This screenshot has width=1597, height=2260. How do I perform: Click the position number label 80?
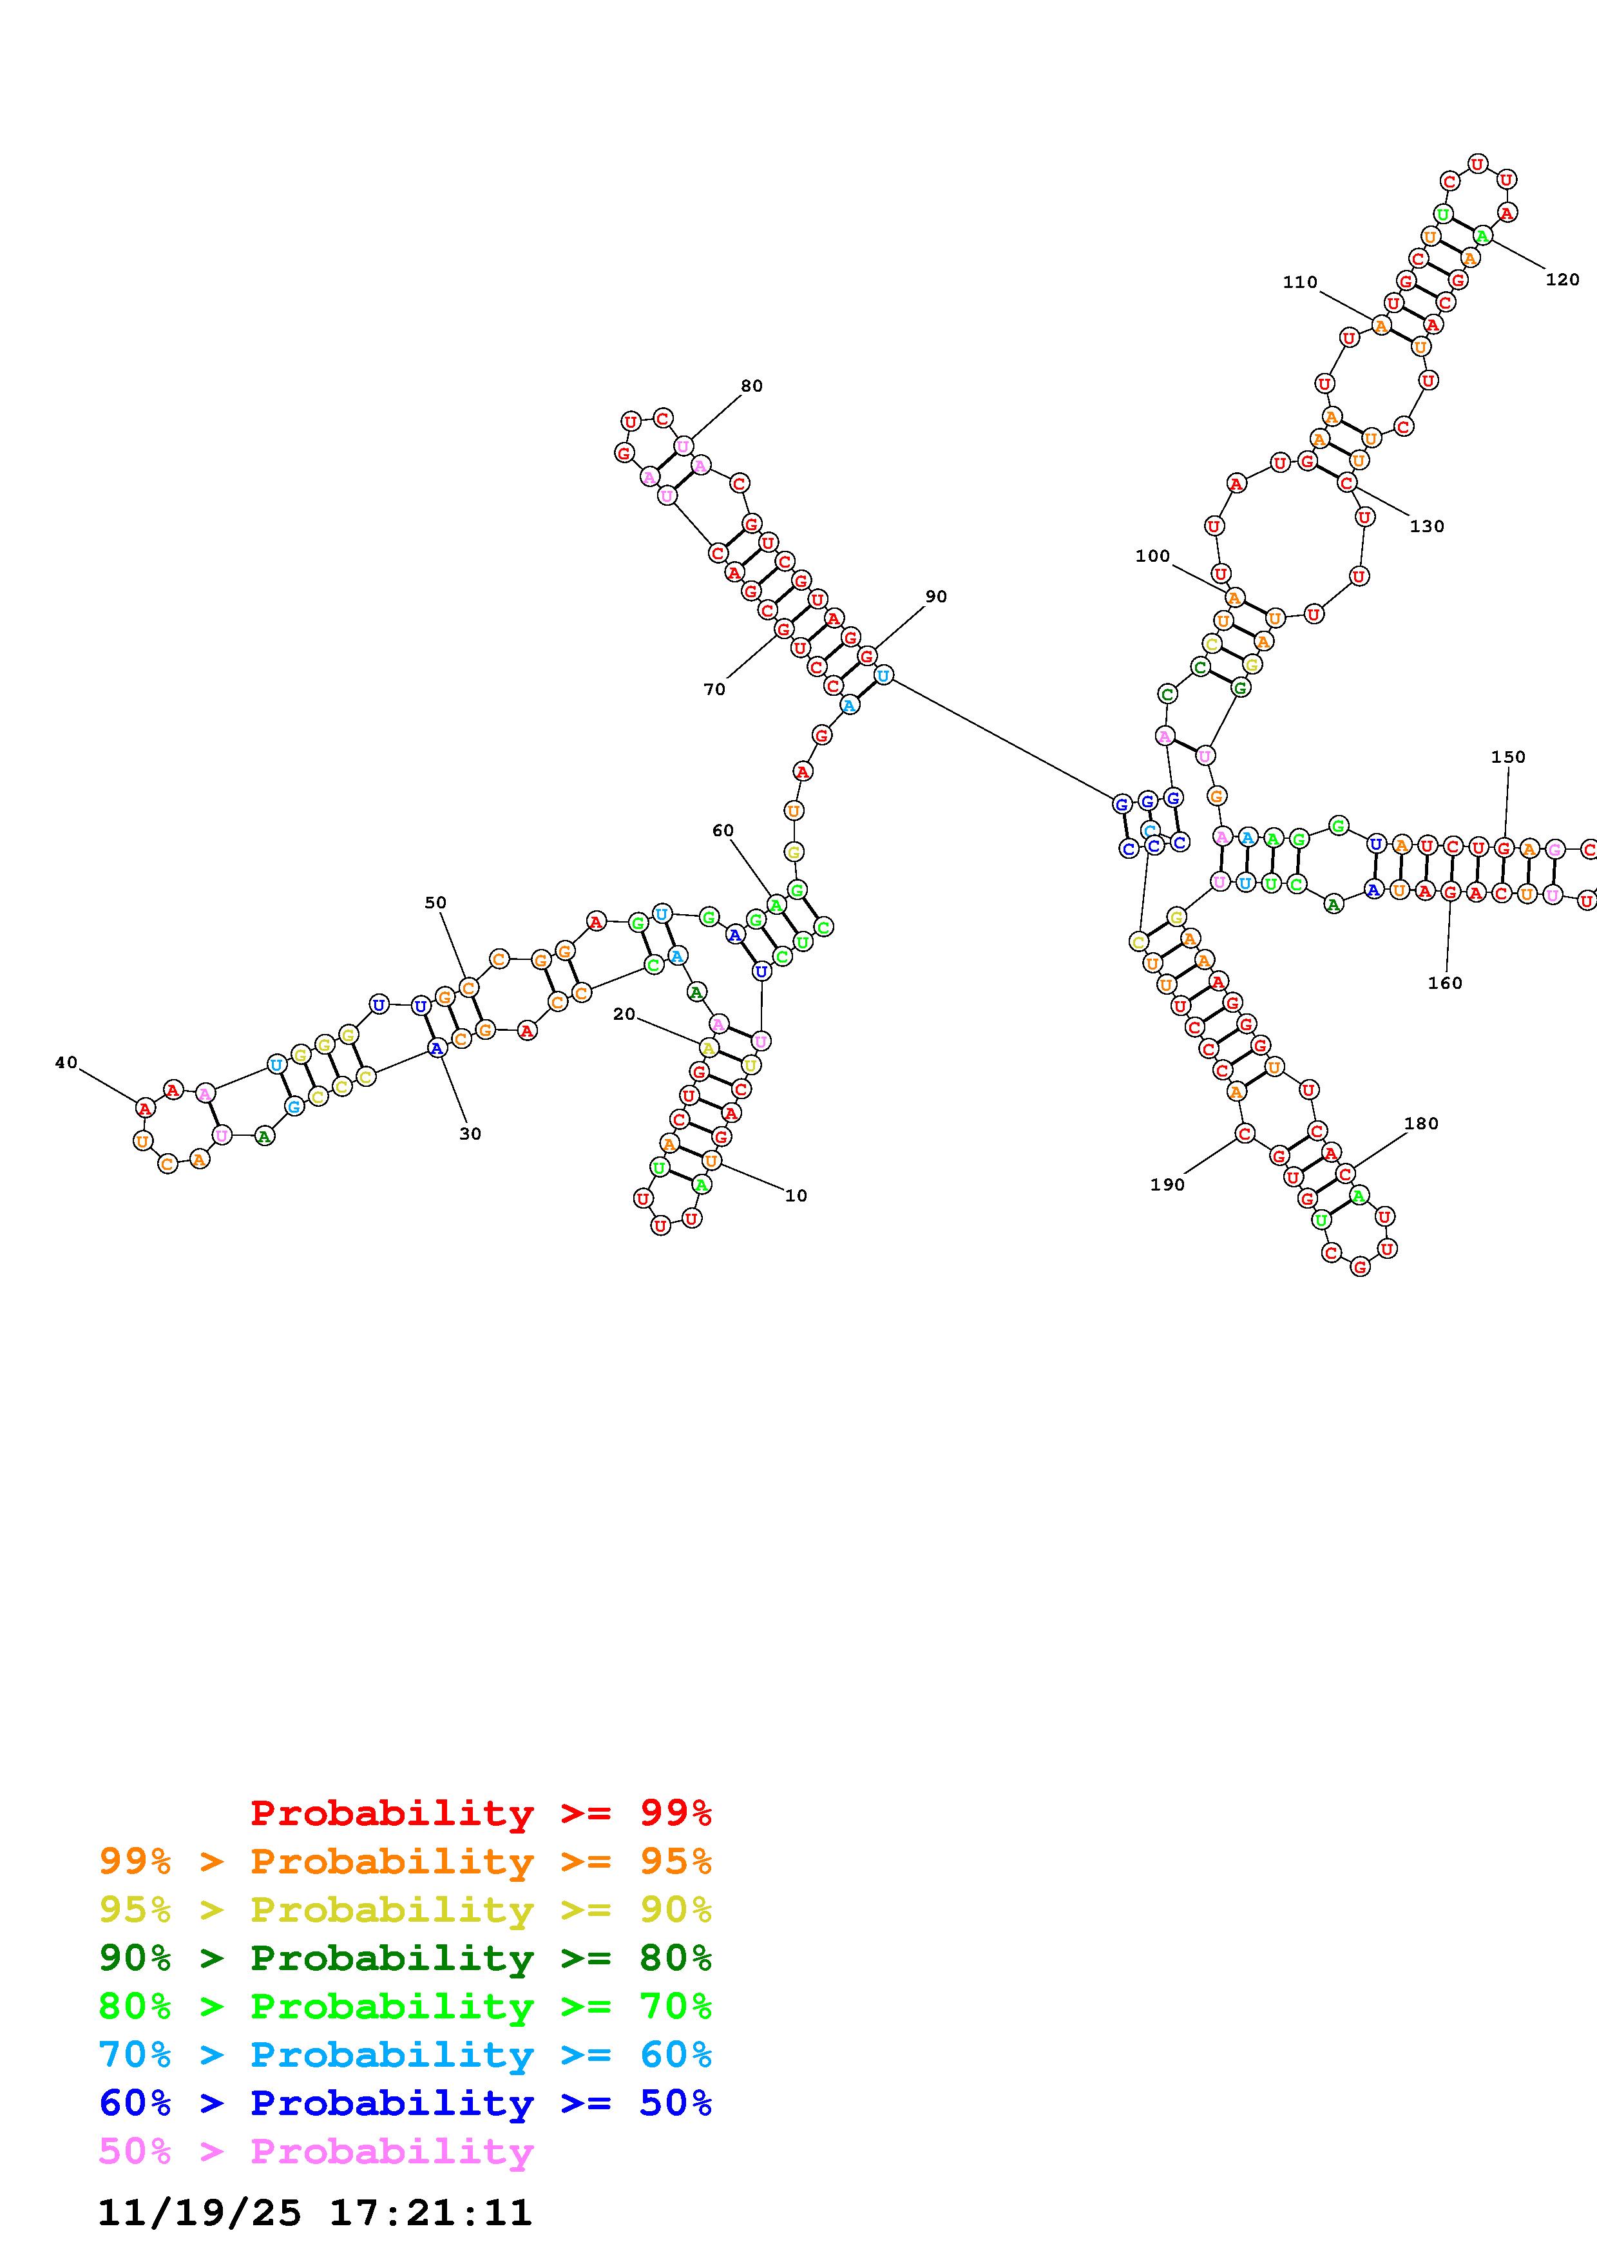[752, 386]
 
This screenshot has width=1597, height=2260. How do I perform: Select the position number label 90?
[936, 597]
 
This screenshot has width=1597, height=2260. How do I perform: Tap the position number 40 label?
[66, 1062]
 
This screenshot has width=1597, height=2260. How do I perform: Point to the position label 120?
[1563, 280]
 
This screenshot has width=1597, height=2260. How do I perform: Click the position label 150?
[1507, 757]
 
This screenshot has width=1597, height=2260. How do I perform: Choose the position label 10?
[796, 1196]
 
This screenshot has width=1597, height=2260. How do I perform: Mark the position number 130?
[1427, 526]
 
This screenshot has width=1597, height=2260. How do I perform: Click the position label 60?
[723, 831]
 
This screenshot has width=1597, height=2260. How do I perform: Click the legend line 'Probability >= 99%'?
[481, 1813]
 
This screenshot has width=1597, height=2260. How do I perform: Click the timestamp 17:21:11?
[430, 2214]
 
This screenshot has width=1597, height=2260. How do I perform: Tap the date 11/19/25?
[200, 2214]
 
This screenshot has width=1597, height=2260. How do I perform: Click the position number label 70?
[714, 690]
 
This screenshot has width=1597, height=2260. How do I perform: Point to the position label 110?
[1300, 282]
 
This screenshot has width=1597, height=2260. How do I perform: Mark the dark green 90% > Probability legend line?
[405, 1958]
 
